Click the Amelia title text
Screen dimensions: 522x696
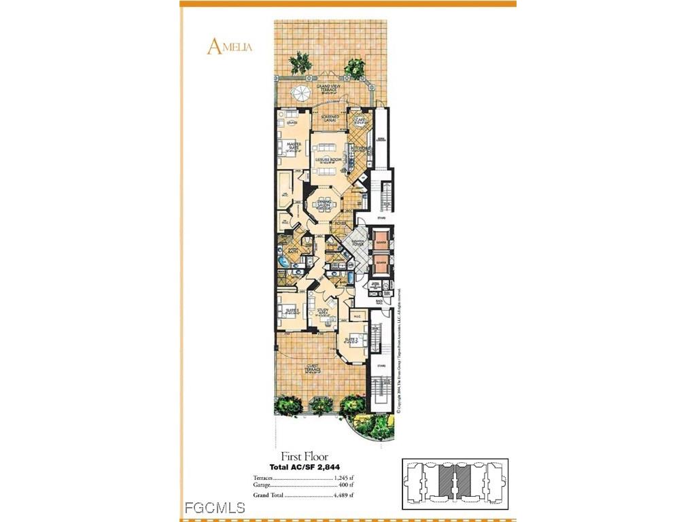[x=230, y=46]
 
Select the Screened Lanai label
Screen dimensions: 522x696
[x=330, y=119]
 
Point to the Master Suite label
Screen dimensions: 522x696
[x=294, y=146]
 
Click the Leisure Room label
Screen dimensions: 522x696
[x=328, y=161]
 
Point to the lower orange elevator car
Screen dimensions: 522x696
[x=381, y=260]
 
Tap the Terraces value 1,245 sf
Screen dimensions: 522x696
[x=343, y=478]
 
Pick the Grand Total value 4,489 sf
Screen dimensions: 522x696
[x=343, y=495]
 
